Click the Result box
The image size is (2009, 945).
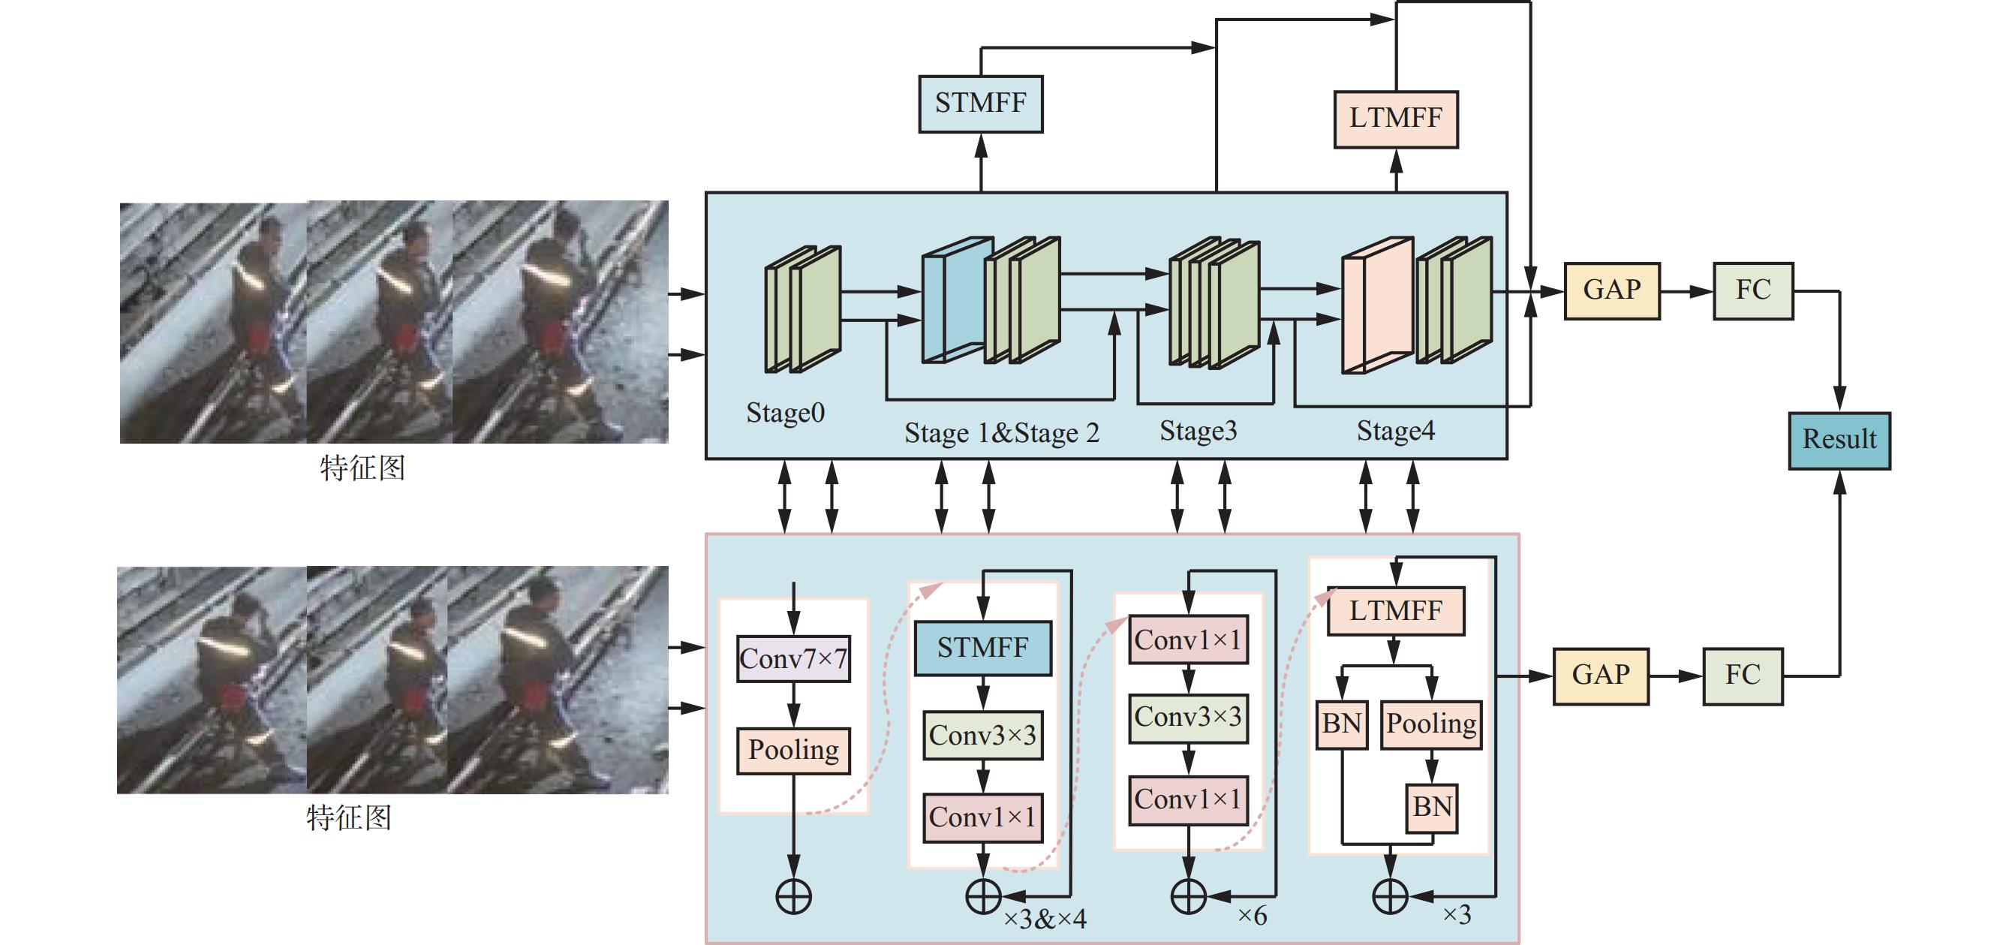pos(1838,440)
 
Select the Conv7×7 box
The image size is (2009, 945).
pos(793,659)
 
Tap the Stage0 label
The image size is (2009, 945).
pos(784,413)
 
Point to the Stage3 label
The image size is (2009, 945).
pos(1198,431)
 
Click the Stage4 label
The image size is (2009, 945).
pos(1395,431)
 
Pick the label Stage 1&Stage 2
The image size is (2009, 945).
pos(1001,433)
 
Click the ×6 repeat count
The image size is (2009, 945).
pos(1252,915)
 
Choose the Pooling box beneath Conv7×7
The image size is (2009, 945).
pos(793,750)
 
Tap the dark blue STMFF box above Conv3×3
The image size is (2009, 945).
pos(982,648)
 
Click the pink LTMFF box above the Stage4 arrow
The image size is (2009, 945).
pos(1395,119)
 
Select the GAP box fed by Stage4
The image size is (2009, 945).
pos(1611,290)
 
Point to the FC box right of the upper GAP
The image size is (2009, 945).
pos(1752,290)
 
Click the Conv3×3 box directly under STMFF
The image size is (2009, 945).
pos(982,735)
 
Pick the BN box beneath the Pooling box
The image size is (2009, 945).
pos(1432,807)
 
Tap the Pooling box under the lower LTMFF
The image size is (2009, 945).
pos(1430,724)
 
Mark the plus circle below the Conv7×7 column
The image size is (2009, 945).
pos(793,897)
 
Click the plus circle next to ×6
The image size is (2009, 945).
pos(1189,897)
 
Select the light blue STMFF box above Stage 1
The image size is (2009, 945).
pos(980,104)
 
